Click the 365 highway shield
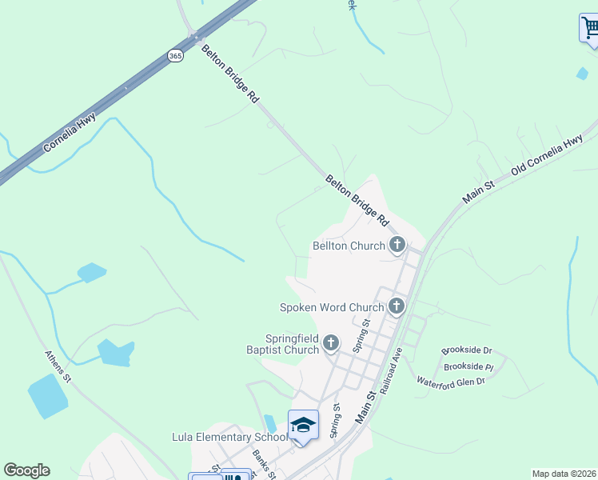[176, 55]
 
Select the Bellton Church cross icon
[397, 246]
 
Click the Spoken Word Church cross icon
[397, 306]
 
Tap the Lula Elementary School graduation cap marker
[303, 425]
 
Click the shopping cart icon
[590, 29]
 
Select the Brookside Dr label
[467, 350]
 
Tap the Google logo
[26, 470]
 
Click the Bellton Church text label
[349, 246]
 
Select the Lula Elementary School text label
[229, 437]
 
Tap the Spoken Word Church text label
[332, 306]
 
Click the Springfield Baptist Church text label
[281, 344]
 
